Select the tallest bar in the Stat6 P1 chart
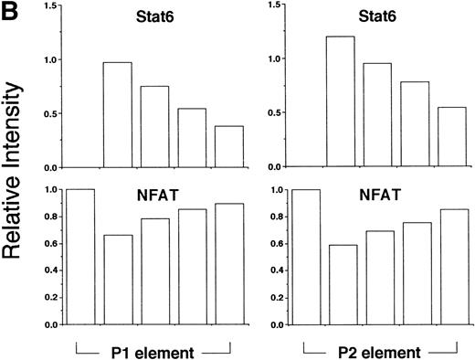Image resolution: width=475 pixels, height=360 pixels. [118, 115]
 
